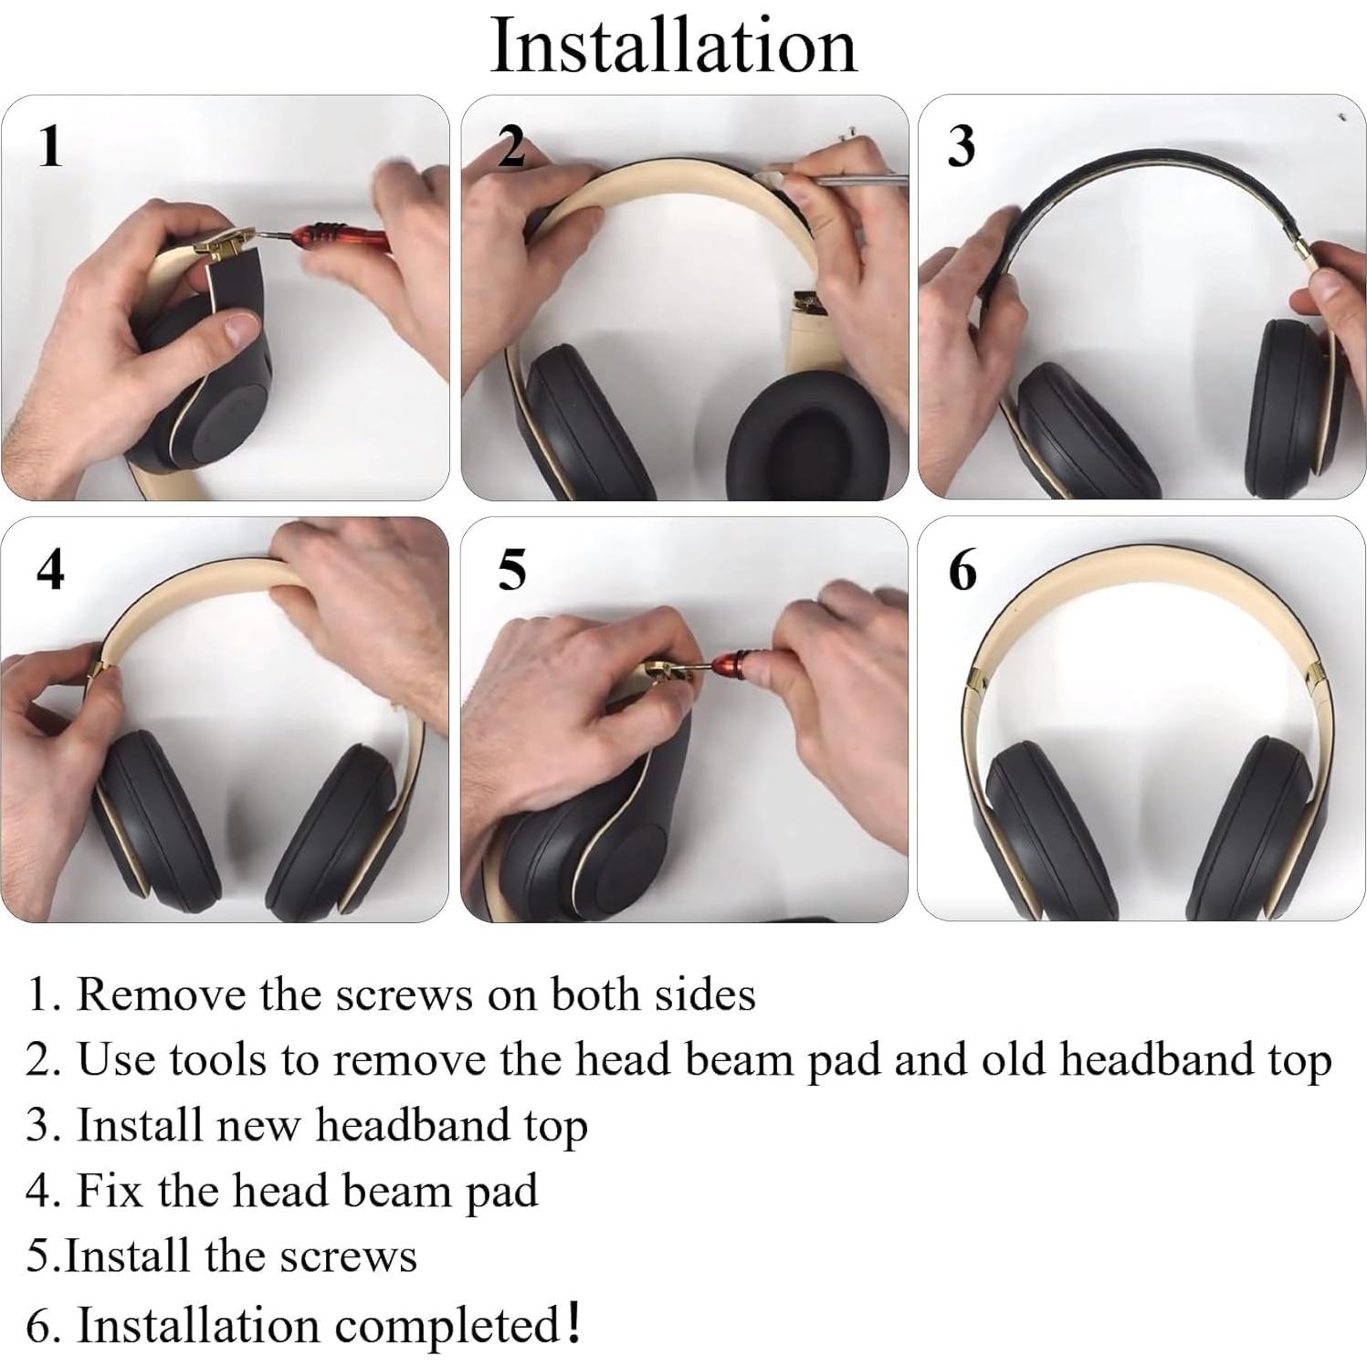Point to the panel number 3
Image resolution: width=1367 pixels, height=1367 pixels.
[961, 146]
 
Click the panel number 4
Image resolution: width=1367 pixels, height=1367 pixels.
[50, 570]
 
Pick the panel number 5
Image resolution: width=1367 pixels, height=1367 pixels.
[512, 570]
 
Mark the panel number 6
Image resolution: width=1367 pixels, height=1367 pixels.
[962, 570]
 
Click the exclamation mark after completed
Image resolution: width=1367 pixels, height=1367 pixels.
[573, 1322]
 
